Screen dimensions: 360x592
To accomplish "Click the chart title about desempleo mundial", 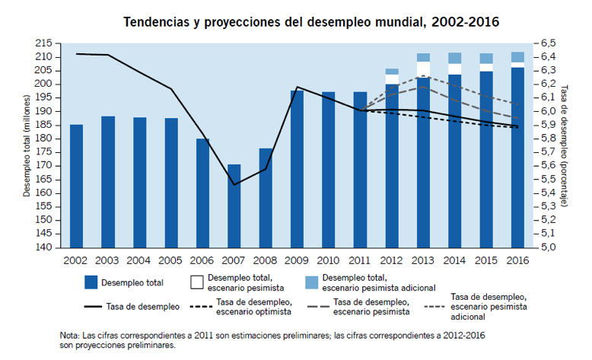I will (311, 21).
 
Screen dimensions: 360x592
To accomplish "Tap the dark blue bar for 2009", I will (298, 169).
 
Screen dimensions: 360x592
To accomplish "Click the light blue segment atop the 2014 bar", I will (455, 58).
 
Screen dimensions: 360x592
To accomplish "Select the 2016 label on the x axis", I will (517, 260).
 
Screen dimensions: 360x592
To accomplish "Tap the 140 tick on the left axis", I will (44, 247).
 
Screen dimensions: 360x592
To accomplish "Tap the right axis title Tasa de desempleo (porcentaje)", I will (565, 145).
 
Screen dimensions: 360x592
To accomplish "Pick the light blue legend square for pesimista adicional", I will (310, 282).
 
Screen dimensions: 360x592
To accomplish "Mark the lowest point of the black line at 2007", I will (234, 184).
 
